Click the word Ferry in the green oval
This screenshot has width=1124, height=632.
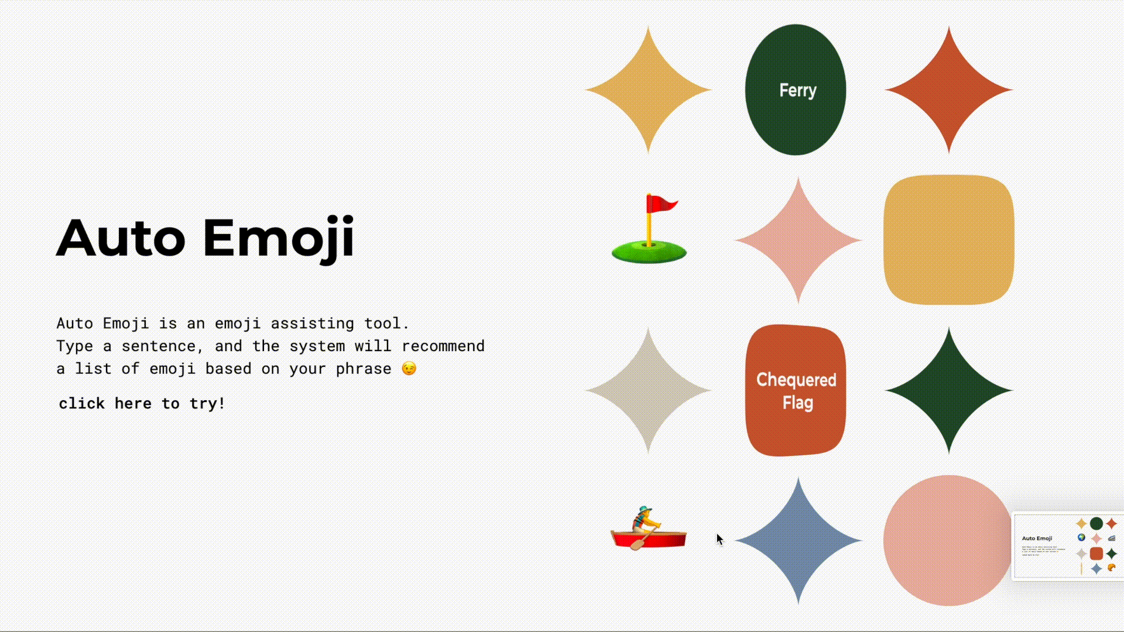[797, 91]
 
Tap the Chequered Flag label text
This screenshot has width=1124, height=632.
[797, 391]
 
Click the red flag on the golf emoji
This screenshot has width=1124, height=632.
[662, 204]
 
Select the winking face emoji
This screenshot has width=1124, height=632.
[409, 368]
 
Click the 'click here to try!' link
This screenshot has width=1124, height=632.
[142, 403]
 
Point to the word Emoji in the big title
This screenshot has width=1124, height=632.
[279, 238]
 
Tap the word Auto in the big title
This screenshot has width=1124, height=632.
[121, 238]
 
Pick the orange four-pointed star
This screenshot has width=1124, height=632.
[948, 90]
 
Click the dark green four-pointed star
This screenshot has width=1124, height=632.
[948, 390]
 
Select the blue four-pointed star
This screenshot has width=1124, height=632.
[798, 541]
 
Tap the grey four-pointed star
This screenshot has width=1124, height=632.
[648, 390]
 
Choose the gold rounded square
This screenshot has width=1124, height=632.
[948, 240]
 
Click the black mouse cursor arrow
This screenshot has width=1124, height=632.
[719, 539]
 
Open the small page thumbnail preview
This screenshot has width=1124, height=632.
[1068, 546]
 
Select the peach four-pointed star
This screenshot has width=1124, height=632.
[798, 240]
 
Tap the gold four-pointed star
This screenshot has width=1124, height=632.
[648, 90]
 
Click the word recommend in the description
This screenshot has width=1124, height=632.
[443, 346]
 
